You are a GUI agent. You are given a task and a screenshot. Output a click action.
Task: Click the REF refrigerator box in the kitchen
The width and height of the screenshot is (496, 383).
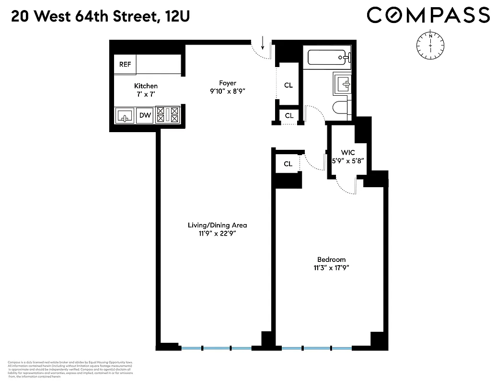[x=125, y=64]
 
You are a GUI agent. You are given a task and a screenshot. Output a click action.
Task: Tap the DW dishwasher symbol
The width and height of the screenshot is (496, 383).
[x=144, y=115]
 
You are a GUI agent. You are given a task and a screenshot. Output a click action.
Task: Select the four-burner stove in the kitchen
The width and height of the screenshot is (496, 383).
[x=168, y=115]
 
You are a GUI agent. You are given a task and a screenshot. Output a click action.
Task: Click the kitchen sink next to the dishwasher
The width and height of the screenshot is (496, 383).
[x=125, y=115]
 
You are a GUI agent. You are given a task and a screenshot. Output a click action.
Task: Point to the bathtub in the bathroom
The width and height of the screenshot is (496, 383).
[x=328, y=57]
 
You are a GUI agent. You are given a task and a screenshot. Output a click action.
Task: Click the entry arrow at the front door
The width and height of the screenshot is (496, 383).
[x=263, y=45]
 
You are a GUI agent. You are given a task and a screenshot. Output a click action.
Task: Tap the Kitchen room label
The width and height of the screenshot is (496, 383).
[x=146, y=86]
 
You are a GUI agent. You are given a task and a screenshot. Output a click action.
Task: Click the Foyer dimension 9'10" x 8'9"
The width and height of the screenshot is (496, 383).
[x=228, y=91]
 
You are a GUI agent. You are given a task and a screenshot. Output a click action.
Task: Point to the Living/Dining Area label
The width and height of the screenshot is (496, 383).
[x=217, y=225]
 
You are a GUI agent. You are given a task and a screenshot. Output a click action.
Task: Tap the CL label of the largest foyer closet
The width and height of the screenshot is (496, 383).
[x=288, y=85]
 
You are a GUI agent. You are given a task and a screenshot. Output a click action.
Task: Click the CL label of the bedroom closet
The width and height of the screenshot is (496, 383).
[x=288, y=164]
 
